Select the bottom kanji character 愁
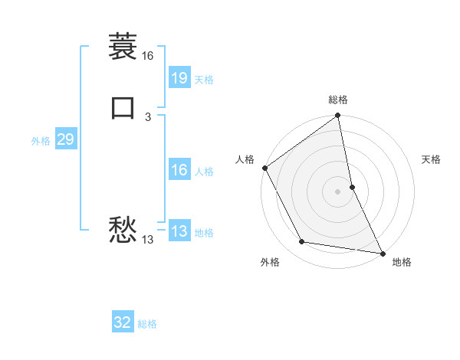click(123, 230)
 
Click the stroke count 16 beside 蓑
click(147, 56)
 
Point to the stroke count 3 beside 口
click(148, 117)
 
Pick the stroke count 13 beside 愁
click(148, 240)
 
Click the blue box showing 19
click(179, 78)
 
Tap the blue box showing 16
click(179, 170)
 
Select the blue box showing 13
click(179, 231)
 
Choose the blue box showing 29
click(65, 139)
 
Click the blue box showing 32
click(123, 322)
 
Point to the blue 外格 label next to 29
click(41, 141)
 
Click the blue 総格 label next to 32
click(147, 324)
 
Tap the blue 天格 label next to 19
click(204, 80)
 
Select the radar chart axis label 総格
click(338, 100)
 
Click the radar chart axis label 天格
click(432, 159)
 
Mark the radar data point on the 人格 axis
click(265, 168)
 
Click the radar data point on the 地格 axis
click(383, 253)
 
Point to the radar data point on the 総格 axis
click(338, 116)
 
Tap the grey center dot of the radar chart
click(338, 191)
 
